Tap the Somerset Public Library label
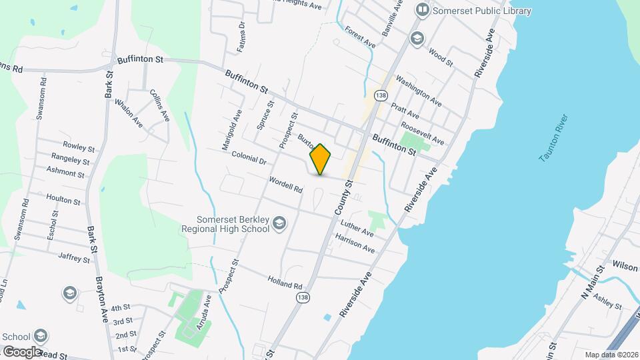(482, 11)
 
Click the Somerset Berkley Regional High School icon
(280, 223)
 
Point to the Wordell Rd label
(286, 185)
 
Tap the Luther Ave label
(357, 229)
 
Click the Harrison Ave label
(355, 243)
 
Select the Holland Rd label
(285, 283)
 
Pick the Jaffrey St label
(74, 257)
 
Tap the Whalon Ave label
(129, 113)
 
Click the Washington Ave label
(418, 91)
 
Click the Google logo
(21, 351)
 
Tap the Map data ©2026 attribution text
(609, 354)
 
